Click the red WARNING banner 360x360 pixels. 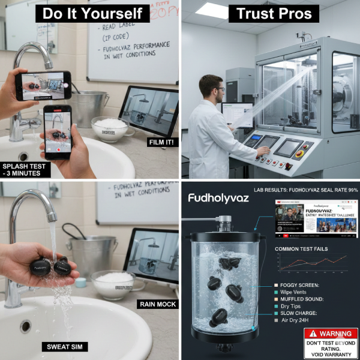[x=330, y=334]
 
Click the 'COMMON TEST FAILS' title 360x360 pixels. [x=303, y=248]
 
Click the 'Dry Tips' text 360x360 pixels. [x=291, y=305]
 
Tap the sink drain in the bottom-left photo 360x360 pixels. [x=25, y=326]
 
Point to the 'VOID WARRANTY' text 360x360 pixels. [x=330, y=354]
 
